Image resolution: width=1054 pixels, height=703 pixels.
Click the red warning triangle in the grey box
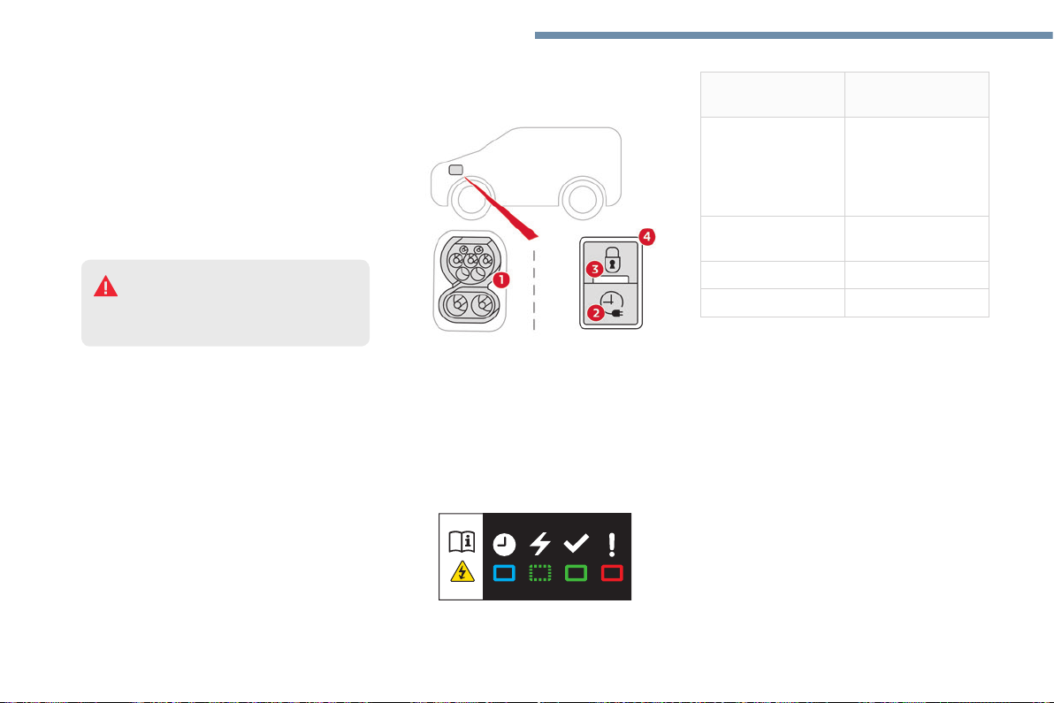[x=105, y=287]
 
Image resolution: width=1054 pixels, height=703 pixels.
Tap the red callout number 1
[x=500, y=279]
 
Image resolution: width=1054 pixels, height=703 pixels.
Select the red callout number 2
[x=595, y=312]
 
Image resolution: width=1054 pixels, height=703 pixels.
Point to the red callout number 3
[x=593, y=270]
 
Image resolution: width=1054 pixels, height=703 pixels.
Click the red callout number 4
[x=646, y=237]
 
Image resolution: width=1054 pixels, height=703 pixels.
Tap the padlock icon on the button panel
[x=613, y=259]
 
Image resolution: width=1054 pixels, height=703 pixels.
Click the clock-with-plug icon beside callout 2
[x=612, y=304]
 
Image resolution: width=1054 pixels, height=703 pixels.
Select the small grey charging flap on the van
[x=455, y=170]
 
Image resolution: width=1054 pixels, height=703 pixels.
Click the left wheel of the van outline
[x=471, y=199]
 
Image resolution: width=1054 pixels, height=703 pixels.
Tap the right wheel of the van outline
[x=582, y=199]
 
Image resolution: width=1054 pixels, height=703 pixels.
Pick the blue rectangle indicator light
[x=504, y=573]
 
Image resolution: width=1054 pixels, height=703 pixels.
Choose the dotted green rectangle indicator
[x=539, y=573]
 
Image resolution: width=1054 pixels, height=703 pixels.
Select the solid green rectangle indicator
[x=576, y=573]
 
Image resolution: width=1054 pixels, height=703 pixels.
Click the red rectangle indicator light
[x=612, y=573]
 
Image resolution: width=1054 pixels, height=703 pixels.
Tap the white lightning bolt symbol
[x=540, y=543]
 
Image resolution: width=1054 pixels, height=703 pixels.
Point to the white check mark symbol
[x=576, y=542]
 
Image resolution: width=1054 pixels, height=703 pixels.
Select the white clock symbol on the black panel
[x=504, y=545]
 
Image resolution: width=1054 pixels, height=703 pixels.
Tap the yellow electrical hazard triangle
[x=462, y=571]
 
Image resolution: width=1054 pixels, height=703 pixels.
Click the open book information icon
[x=462, y=542]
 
